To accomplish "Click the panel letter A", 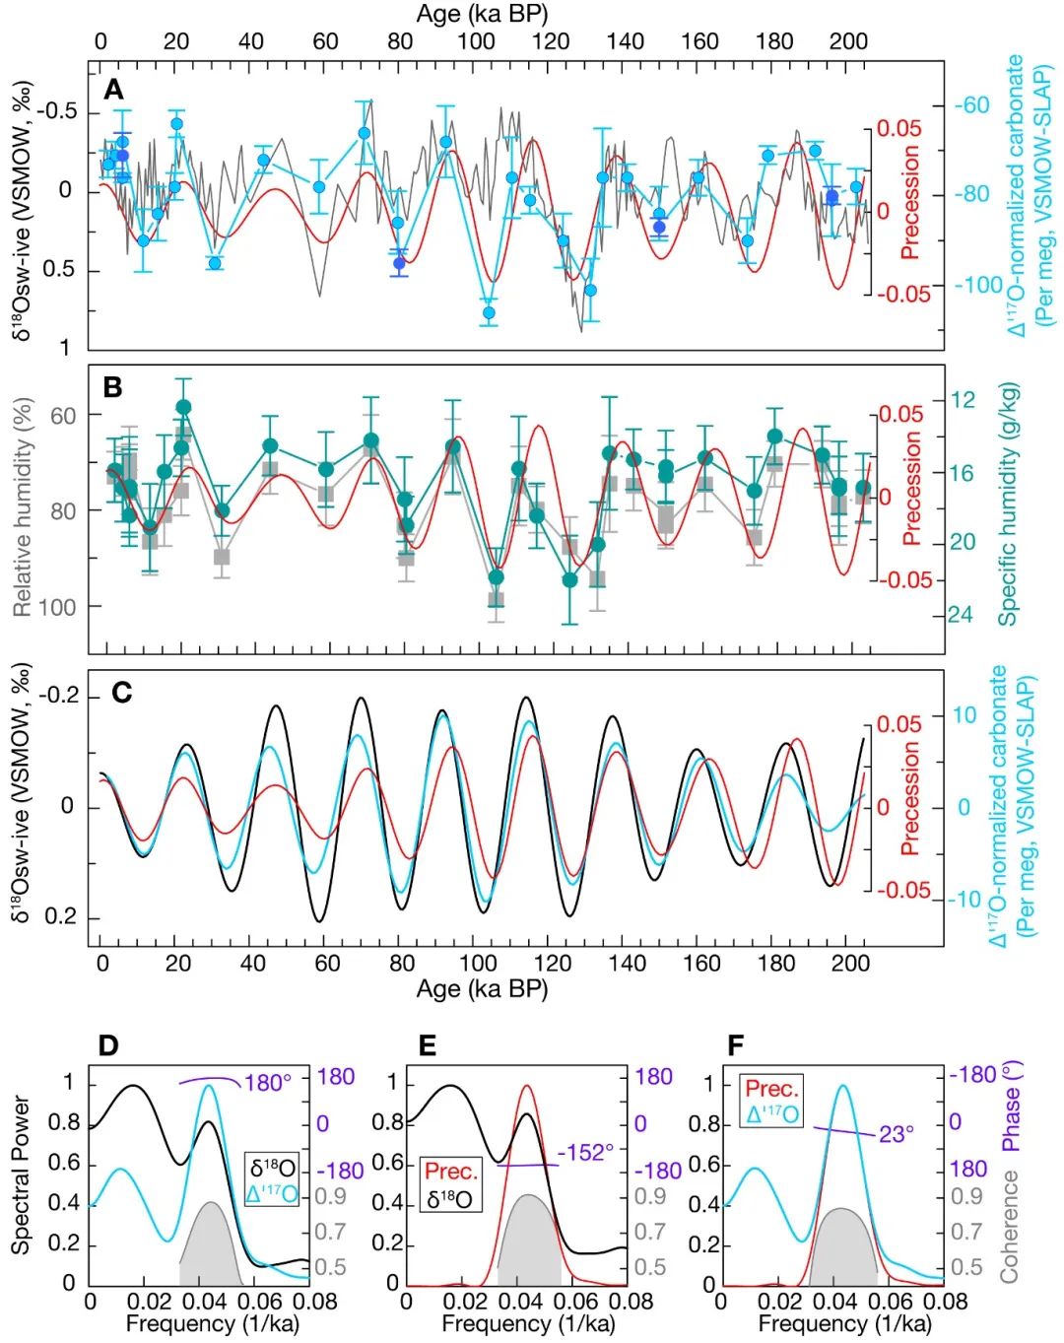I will click(114, 91).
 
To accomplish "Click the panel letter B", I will click(113, 387).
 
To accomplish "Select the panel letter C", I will click(121, 693).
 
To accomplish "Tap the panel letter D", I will click(108, 1044).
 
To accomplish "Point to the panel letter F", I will click(735, 1044).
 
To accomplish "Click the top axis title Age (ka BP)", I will click(482, 14).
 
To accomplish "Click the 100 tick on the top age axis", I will click(476, 41).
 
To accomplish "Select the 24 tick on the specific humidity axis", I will click(961, 615).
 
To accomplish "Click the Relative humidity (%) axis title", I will click(23, 506).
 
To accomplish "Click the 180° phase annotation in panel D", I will click(268, 1083).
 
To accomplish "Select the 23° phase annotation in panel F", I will click(892, 1134).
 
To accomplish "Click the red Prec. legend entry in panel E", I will click(451, 1172).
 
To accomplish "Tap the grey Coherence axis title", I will click(1009, 1226).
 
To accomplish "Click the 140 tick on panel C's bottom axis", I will click(626, 963).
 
